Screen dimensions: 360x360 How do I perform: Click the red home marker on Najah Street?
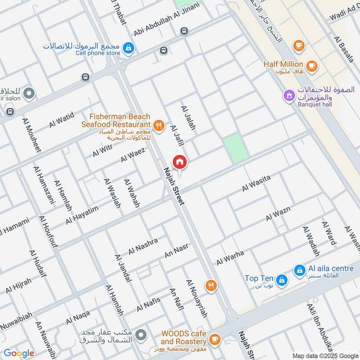point(180,162)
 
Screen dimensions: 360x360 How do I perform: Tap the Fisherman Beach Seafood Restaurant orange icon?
point(158,126)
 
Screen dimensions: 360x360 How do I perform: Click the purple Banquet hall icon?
point(288,95)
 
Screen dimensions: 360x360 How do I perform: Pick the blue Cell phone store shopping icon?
point(129,48)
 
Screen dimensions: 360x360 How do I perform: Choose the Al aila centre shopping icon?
point(299,270)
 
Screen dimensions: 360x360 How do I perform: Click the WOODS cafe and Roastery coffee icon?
point(215,337)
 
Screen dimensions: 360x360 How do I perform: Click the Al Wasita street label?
point(256,184)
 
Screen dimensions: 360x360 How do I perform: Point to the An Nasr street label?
point(176,251)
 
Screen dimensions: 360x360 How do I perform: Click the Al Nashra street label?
point(143,246)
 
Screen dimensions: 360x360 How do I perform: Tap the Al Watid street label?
point(62,121)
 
